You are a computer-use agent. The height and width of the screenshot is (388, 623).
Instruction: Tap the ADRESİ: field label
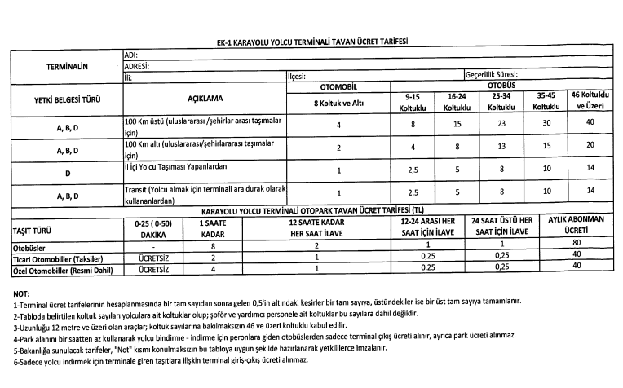tap(136, 65)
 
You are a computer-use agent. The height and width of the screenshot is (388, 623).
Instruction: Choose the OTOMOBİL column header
tap(338, 86)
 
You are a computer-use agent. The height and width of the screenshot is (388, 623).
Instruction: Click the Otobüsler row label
tap(29, 246)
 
